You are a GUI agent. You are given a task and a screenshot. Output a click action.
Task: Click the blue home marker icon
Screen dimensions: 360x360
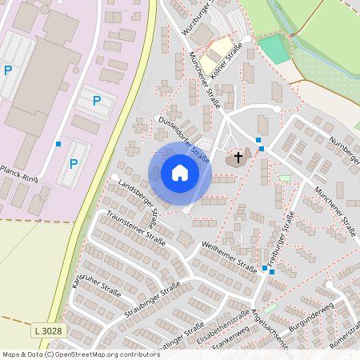click(x=180, y=173)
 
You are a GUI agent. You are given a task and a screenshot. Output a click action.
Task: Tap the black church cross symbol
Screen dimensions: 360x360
click(x=238, y=157)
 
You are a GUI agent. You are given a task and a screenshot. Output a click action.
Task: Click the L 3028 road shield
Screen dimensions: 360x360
click(x=48, y=330)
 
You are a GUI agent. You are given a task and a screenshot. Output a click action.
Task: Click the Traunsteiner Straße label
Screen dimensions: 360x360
click(x=135, y=229)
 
